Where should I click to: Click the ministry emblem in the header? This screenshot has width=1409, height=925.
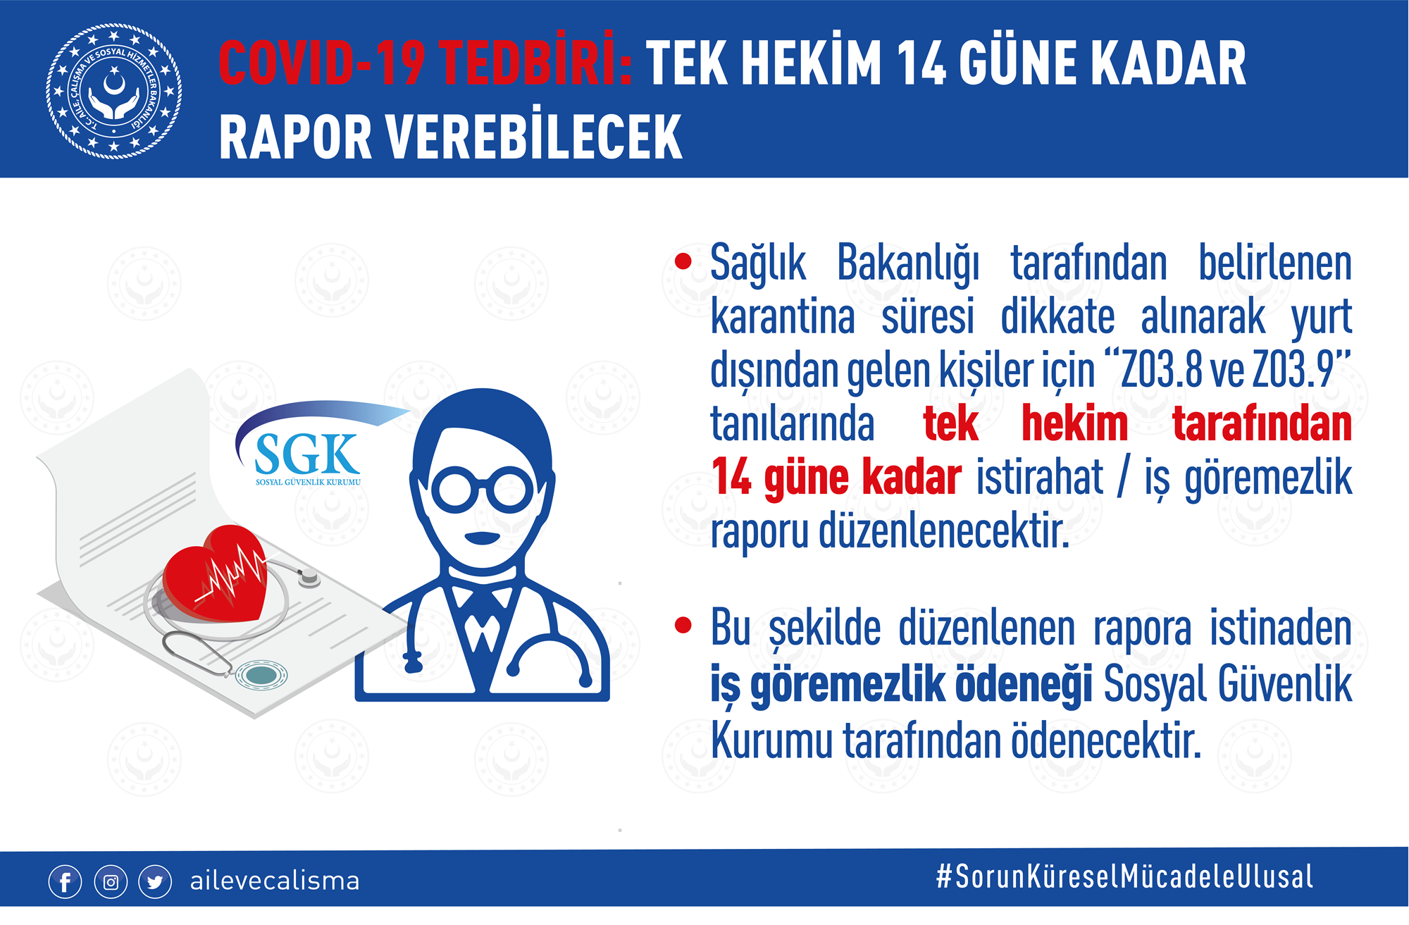114,91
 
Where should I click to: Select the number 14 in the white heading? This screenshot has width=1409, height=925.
922,63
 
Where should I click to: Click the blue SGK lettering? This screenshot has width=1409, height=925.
307,455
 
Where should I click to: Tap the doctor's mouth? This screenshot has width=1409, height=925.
483,539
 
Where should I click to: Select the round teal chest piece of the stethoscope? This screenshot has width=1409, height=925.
261,676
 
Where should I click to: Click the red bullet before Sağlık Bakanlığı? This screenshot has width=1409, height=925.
683,261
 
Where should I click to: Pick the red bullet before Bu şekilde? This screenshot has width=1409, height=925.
683,625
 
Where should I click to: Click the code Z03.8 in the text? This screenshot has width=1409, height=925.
1160,369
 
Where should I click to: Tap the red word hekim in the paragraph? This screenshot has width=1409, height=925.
1074,423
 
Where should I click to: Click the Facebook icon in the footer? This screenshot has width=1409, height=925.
66,882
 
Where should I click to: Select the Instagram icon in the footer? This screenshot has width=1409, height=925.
111,882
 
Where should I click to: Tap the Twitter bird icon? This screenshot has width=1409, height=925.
155,882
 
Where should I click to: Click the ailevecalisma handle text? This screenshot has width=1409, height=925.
275,881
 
